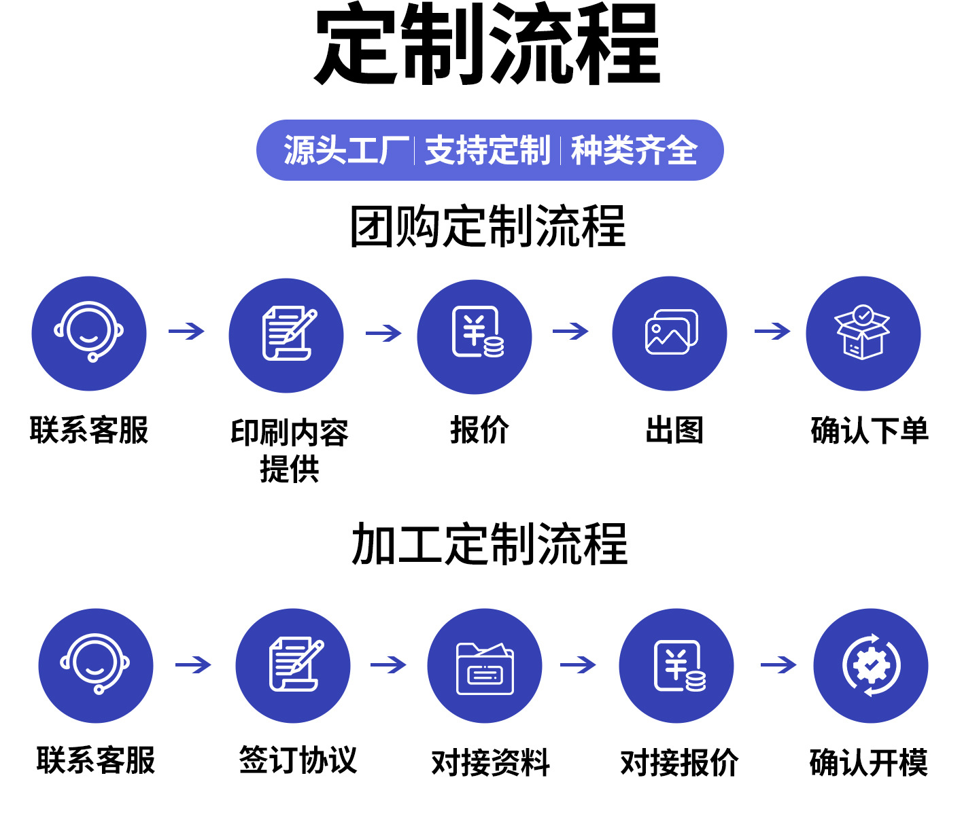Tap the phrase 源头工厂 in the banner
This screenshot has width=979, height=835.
point(346,150)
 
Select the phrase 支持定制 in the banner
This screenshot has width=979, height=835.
point(487,150)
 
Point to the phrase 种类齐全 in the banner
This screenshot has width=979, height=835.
point(634,150)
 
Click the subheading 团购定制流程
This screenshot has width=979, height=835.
point(487,226)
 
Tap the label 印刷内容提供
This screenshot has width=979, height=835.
point(290,450)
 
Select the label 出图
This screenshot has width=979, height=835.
point(674,430)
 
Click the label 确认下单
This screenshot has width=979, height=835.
point(869,430)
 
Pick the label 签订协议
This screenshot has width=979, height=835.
point(298,760)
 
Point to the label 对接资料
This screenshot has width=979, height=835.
point(490,762)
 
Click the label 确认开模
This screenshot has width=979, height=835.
point(868,762)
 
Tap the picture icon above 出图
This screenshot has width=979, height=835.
point(670,333)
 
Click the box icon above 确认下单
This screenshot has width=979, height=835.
point(863,333)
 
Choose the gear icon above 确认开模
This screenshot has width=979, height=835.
point(871,666)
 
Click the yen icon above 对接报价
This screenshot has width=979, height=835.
point(677,666)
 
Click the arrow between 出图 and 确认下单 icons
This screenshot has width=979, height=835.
point(772,332)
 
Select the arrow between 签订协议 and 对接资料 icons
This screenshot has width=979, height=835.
point(388,664)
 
